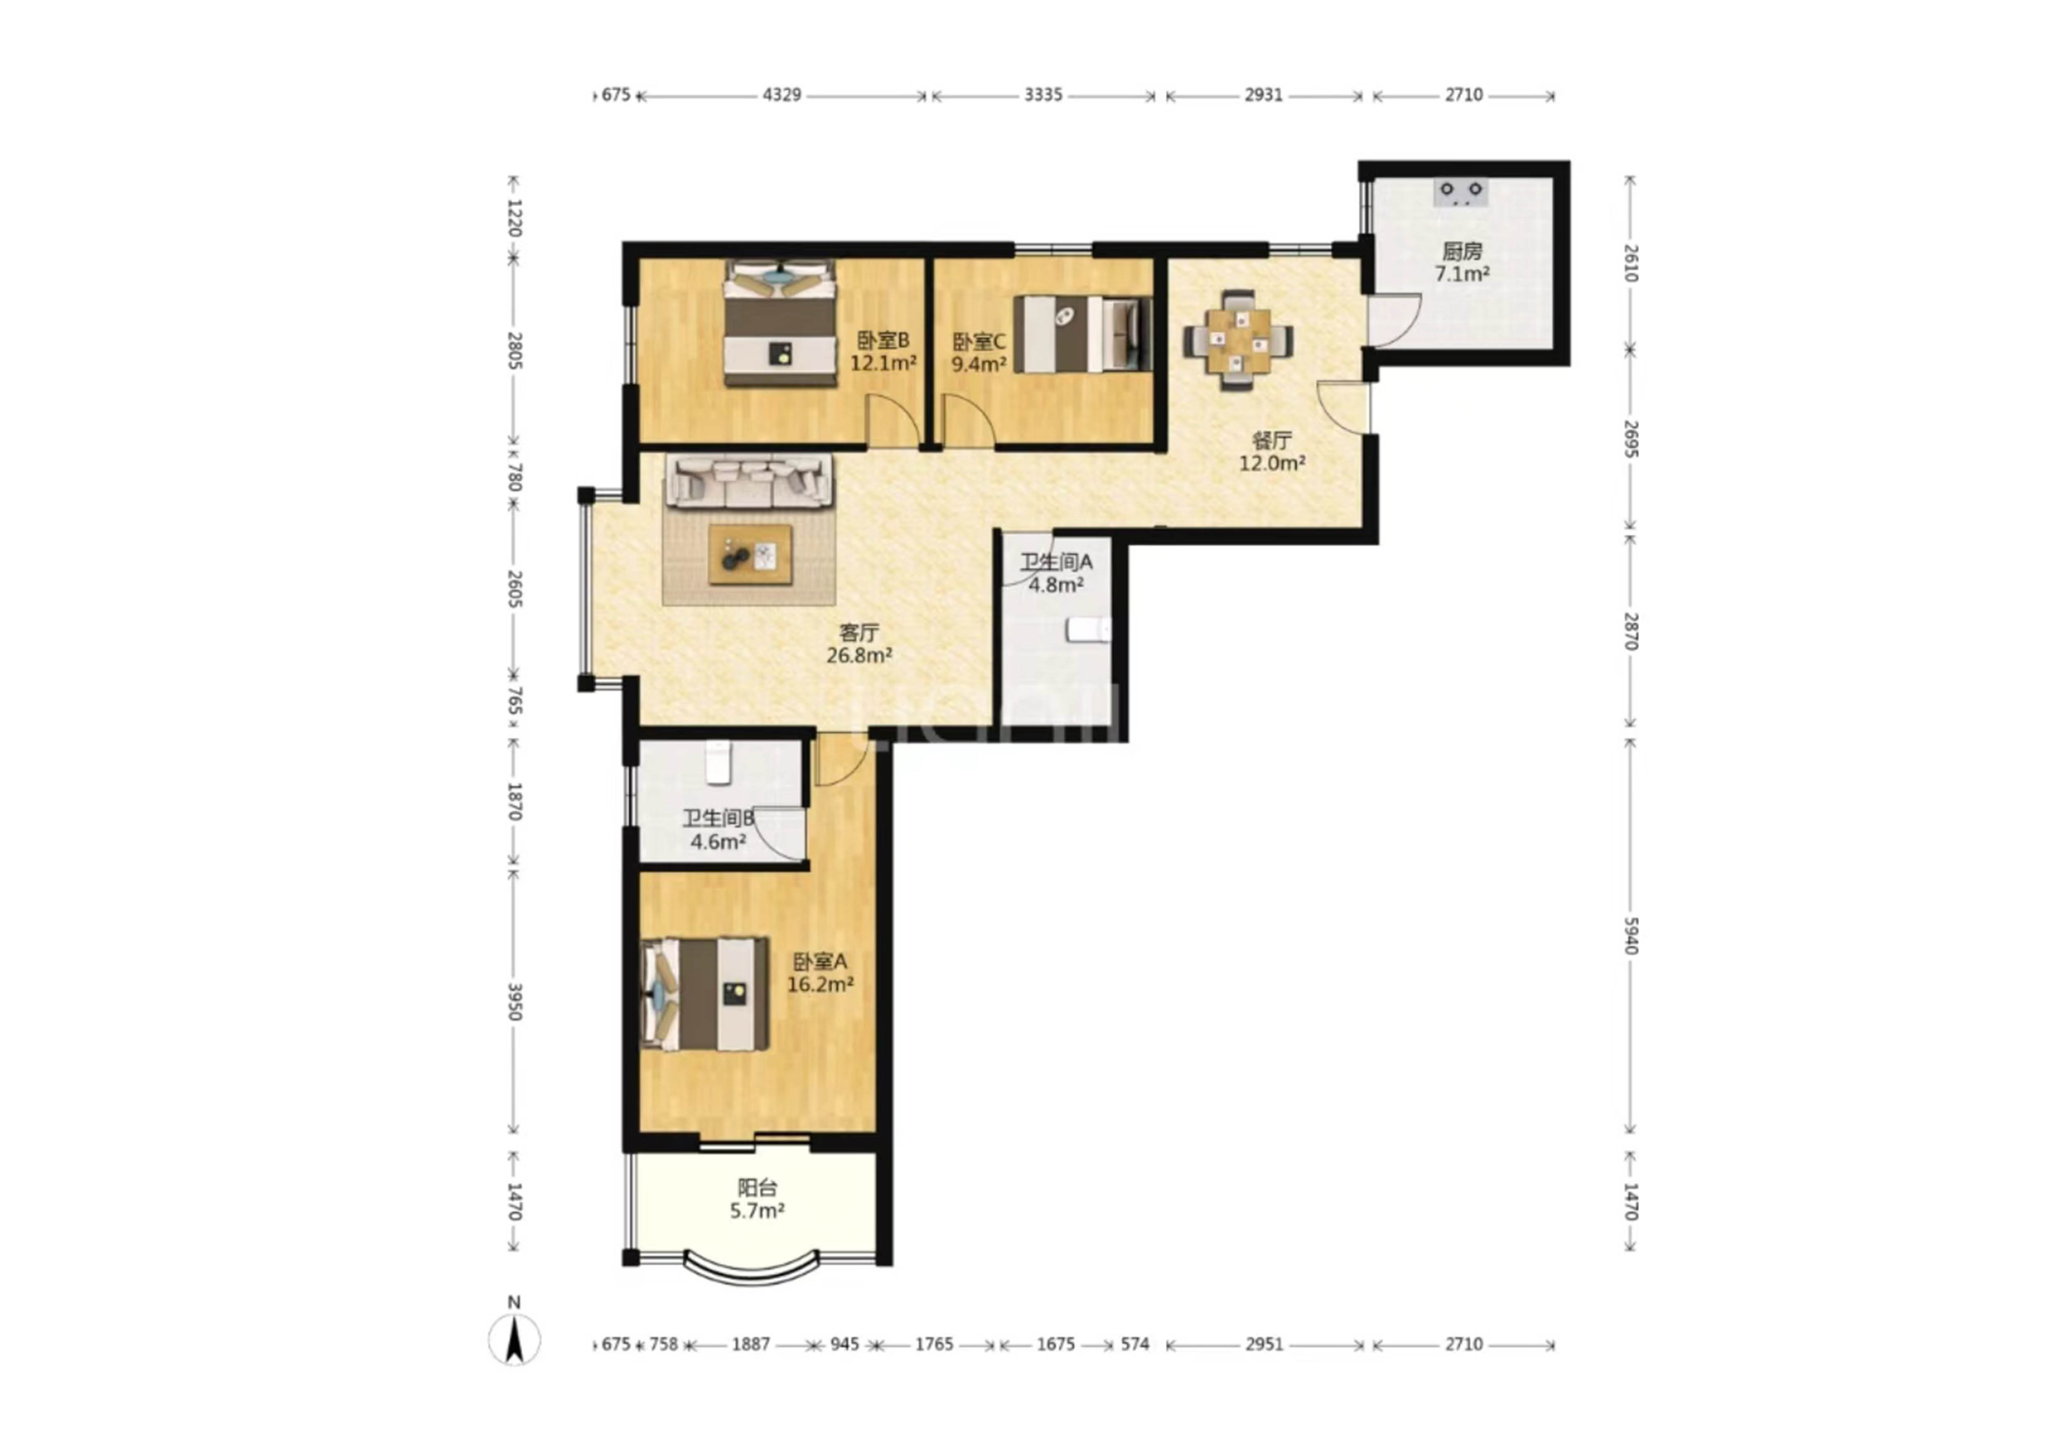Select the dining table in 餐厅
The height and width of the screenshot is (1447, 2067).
point(1239,340)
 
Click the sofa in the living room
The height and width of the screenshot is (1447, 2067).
point(749,481)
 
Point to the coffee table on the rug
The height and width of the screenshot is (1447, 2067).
point(750,555)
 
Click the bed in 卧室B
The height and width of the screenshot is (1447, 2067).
point(780,323)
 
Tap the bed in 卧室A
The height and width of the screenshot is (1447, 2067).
point(705,994)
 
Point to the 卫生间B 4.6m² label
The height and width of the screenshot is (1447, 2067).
point(718,829)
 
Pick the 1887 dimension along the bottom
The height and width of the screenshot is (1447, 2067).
point(751,1344)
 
